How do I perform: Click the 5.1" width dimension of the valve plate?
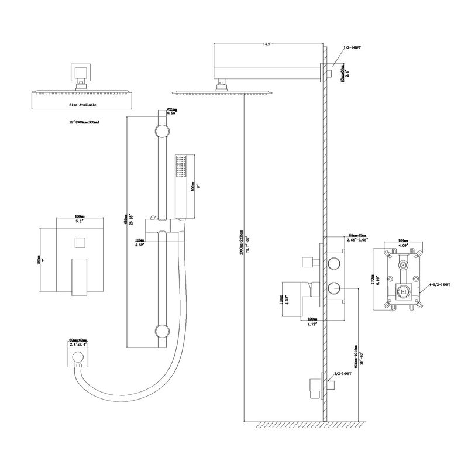point(75,222)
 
